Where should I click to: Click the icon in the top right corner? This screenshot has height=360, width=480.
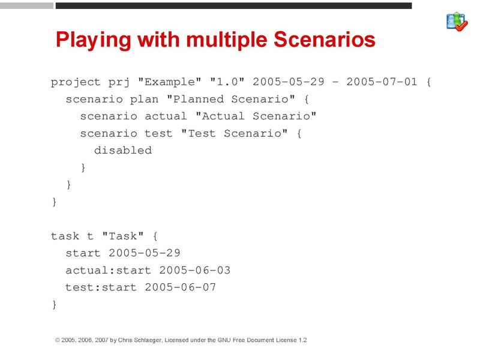[x=457, y=22]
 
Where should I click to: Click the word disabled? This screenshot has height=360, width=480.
[x=123, y=151]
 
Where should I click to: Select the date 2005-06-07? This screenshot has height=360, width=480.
[x=181, y=287]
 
